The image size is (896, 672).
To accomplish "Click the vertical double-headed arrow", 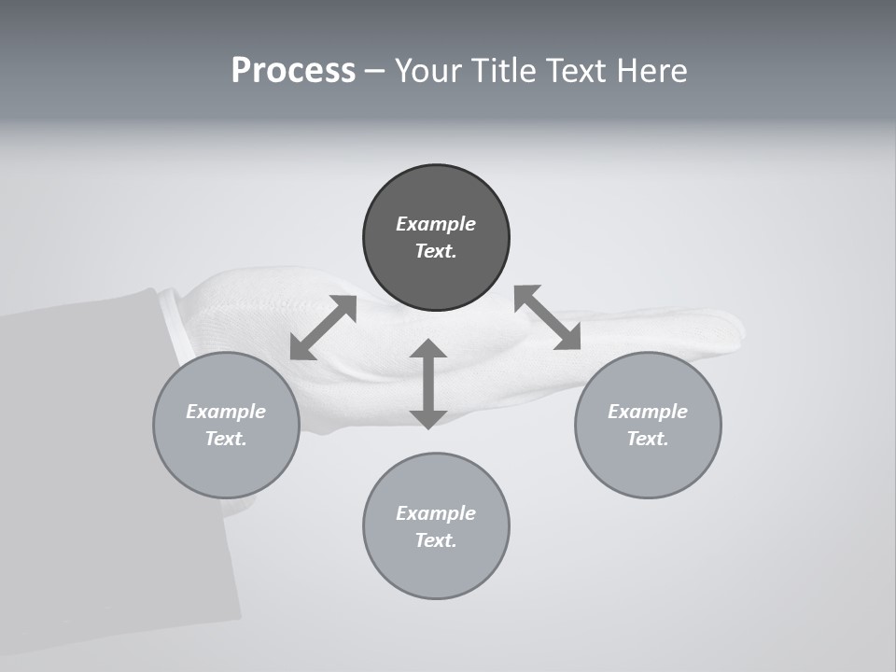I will pyautogui.click(x=427, y=384).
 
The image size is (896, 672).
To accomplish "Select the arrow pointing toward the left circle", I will pyautogui.click(x=323, y=328).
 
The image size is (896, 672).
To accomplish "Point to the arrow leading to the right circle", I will pyautogui.click(x=548, y=317).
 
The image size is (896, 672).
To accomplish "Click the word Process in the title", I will pyautogui.click(x=293, y=71).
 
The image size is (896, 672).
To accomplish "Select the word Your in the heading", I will pyautogui.click(x=426, y=71).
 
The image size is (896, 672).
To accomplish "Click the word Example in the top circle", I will pyautogui.click(x=436, y=224).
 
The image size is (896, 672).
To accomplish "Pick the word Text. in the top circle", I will pyautogui.click(x=436, y=251).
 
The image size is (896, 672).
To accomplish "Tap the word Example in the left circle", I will pyautogui.click(x=226, y=412).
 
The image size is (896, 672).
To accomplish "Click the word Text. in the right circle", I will pyautogui.click(x=648, y=439).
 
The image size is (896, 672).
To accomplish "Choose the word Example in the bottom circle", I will pyautogui.click(x=436, y=513).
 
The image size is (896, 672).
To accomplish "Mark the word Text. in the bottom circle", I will pyautogui.click(x=436, y=540).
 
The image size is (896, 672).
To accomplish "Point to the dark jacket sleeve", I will pyautogui.click(x=93, y=467).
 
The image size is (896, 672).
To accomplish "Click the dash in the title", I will pyautogui.click(x=374, y=71).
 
